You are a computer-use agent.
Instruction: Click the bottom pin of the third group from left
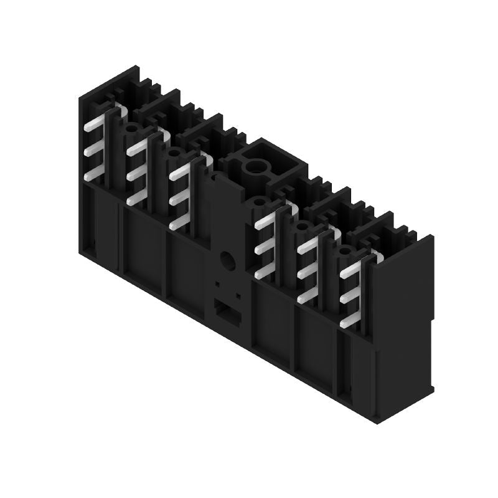[178, 221]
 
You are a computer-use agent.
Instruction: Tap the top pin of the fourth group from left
[265, 218]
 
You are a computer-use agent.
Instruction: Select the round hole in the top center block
[255, 167]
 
